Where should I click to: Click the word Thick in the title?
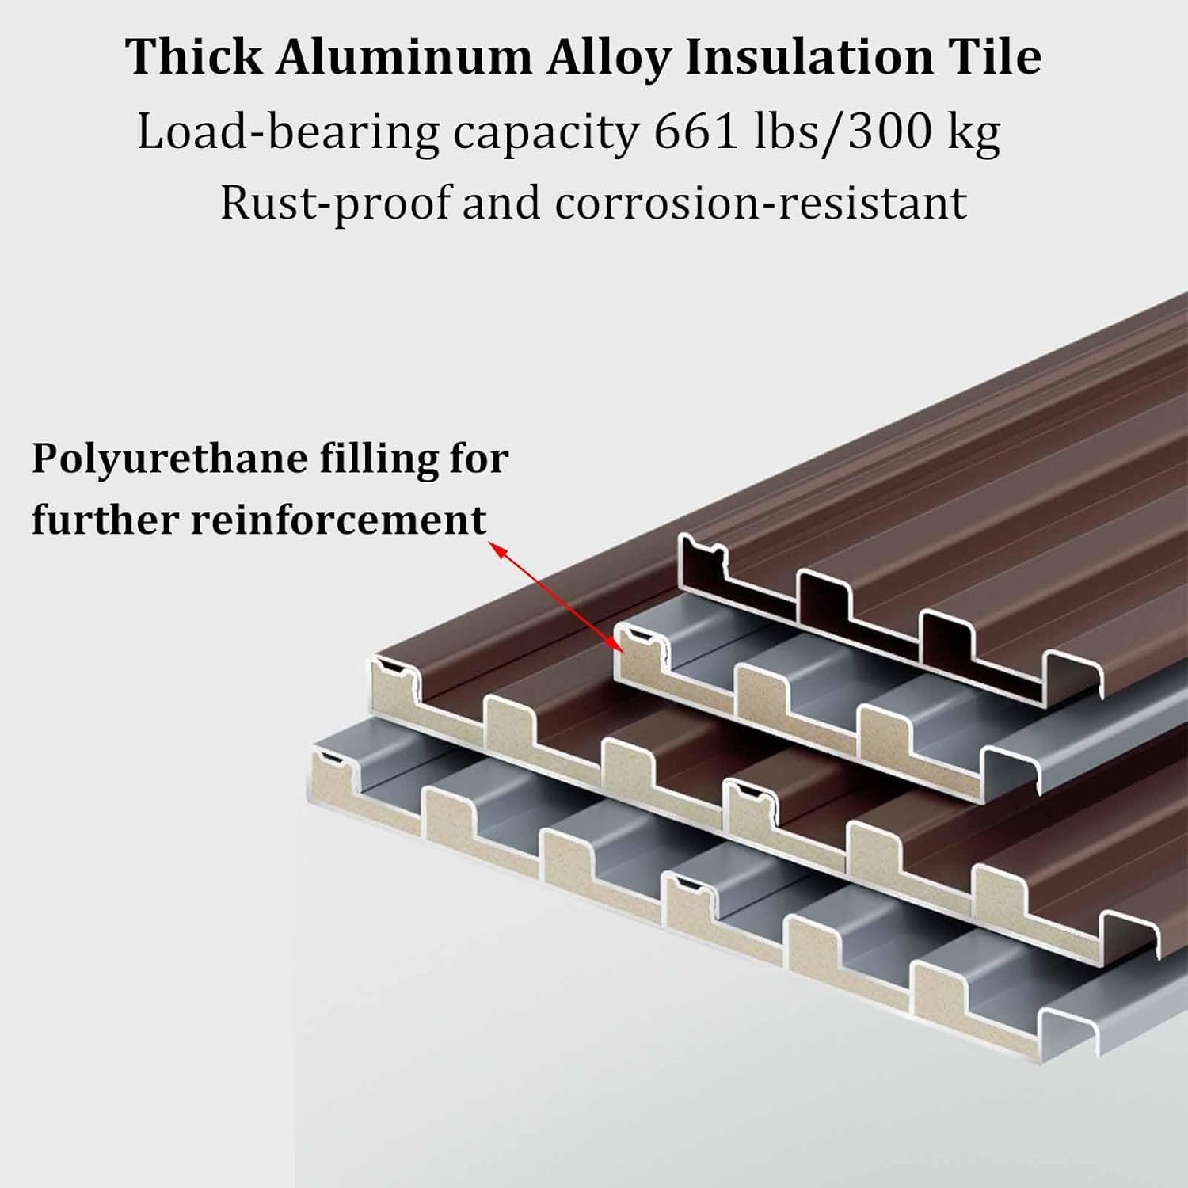pyautogui.click(x=193, y=57)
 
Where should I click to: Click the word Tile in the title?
pyautogui.click(x=995, y=57)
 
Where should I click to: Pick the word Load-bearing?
pyautogui.click(x=288, y=133)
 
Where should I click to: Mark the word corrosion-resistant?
pyautogui.click(x=760, y=203)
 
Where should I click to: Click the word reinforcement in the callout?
pyautogui.click(x=338, y=520)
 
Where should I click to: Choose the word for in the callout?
pyautogui.click(x=479, y=459)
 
